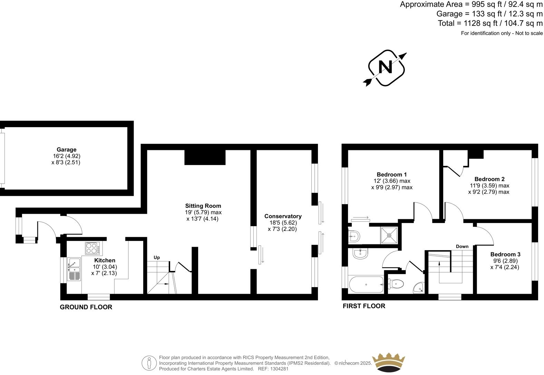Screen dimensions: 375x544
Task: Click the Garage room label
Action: tap(66, 150)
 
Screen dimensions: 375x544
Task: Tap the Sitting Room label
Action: tap(203, 206)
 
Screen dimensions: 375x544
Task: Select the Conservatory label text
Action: tap(283, 216)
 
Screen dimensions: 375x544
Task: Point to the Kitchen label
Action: tap(105, 260)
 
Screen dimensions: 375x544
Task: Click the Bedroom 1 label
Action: tap(392, 174)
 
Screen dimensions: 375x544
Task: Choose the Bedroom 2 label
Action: tap(489, 179)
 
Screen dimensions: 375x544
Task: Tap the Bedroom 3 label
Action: tap(505, 254)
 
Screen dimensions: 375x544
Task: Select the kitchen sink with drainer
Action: tap(74, 269)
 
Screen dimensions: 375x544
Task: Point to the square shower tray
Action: tap(389, 235)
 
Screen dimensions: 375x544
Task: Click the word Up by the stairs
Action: tap(157, 257)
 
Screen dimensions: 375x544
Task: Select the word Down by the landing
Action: tap(462, 246)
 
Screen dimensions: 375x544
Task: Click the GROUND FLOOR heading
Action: tap(86, 307)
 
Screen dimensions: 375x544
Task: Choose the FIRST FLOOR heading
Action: tap(364, 306)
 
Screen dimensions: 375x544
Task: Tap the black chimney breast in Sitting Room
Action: tap(205, 157)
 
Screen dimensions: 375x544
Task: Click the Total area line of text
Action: tap(490, 23)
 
